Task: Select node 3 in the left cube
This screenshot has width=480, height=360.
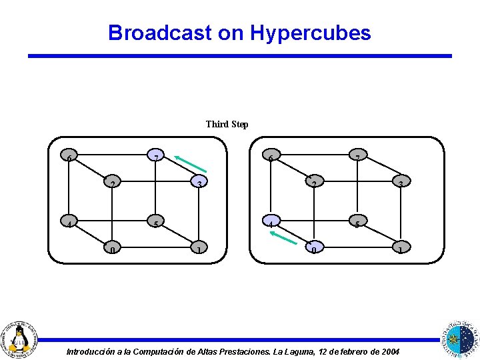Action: (199, 182)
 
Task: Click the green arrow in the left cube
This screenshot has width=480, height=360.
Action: (191, 163)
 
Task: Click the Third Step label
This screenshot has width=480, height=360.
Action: (227, 124)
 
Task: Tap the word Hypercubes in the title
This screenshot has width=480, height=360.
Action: (311, 33)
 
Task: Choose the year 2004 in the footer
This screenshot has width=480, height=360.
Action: (388, 351)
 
